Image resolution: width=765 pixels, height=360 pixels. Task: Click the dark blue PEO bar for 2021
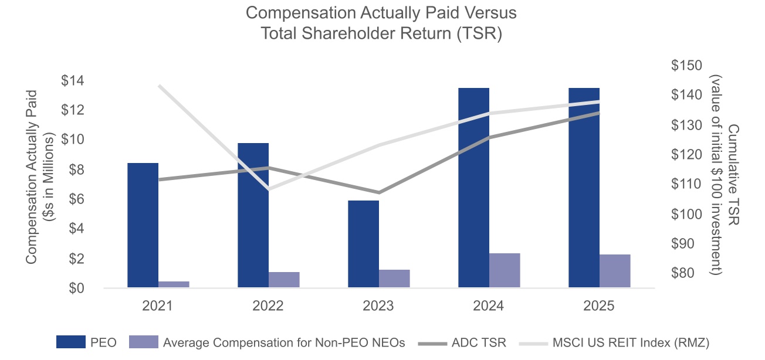[143, 225]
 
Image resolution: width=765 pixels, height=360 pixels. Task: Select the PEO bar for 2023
[363, 244]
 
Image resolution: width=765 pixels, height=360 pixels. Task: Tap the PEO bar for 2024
[473, 188]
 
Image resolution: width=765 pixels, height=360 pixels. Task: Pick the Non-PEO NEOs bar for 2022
[284, 280]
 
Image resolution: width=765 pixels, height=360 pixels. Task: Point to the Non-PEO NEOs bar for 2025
[615, 271]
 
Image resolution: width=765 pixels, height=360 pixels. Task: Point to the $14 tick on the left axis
[75, 81]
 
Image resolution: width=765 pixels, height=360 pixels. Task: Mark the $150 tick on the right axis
[688, 66]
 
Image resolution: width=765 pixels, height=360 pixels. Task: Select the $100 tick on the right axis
[688, 214]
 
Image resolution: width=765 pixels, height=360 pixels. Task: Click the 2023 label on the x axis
[378, 306]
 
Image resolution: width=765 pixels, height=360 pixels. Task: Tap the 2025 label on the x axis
[599, 306]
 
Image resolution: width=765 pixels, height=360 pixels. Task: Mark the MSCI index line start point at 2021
[158, 86]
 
